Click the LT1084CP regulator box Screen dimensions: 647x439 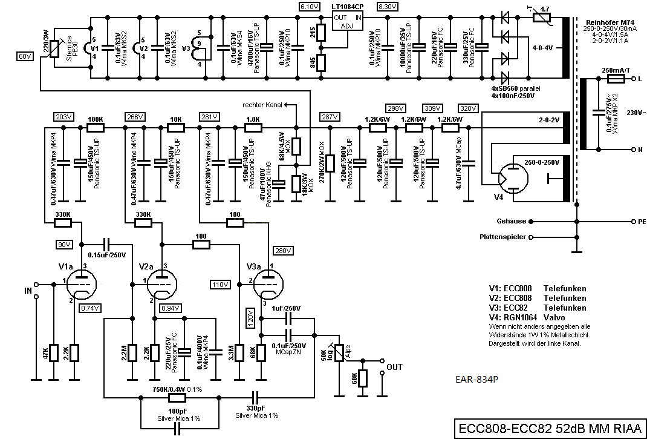click(348, 21)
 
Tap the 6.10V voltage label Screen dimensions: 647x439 click(310, 7)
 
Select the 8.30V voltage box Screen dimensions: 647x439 click(388, 7)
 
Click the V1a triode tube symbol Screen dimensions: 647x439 click(81, 285)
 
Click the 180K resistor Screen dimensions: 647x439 click(96, 128)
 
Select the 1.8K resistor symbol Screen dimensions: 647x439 click(253, 128)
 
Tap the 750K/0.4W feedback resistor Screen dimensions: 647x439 click(177, 398)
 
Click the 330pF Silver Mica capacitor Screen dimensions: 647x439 click(255, 398)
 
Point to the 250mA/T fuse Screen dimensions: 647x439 click(616, 79)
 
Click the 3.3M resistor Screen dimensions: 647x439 click(239, 352)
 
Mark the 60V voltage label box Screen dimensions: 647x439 click(25, 56)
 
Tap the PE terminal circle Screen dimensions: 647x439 click(634, 222)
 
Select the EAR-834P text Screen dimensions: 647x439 click(476, 379)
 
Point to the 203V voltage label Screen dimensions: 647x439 click(63, 117)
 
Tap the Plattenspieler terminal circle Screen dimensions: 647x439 click(531, 237)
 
